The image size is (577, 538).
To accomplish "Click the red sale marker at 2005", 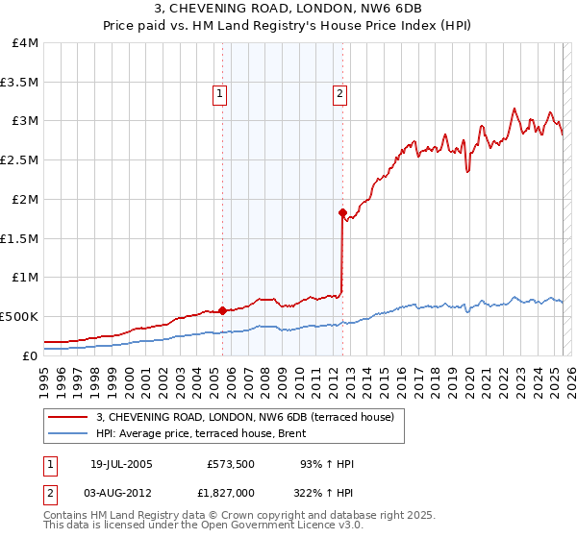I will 222,310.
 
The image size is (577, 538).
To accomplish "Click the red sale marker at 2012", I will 342,212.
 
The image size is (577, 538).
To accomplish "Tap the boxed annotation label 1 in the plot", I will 220,94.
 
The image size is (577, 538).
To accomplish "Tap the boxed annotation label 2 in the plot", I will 340,94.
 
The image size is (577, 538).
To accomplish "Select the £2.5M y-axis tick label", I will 20,160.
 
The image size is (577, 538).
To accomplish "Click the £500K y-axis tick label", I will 20,316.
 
